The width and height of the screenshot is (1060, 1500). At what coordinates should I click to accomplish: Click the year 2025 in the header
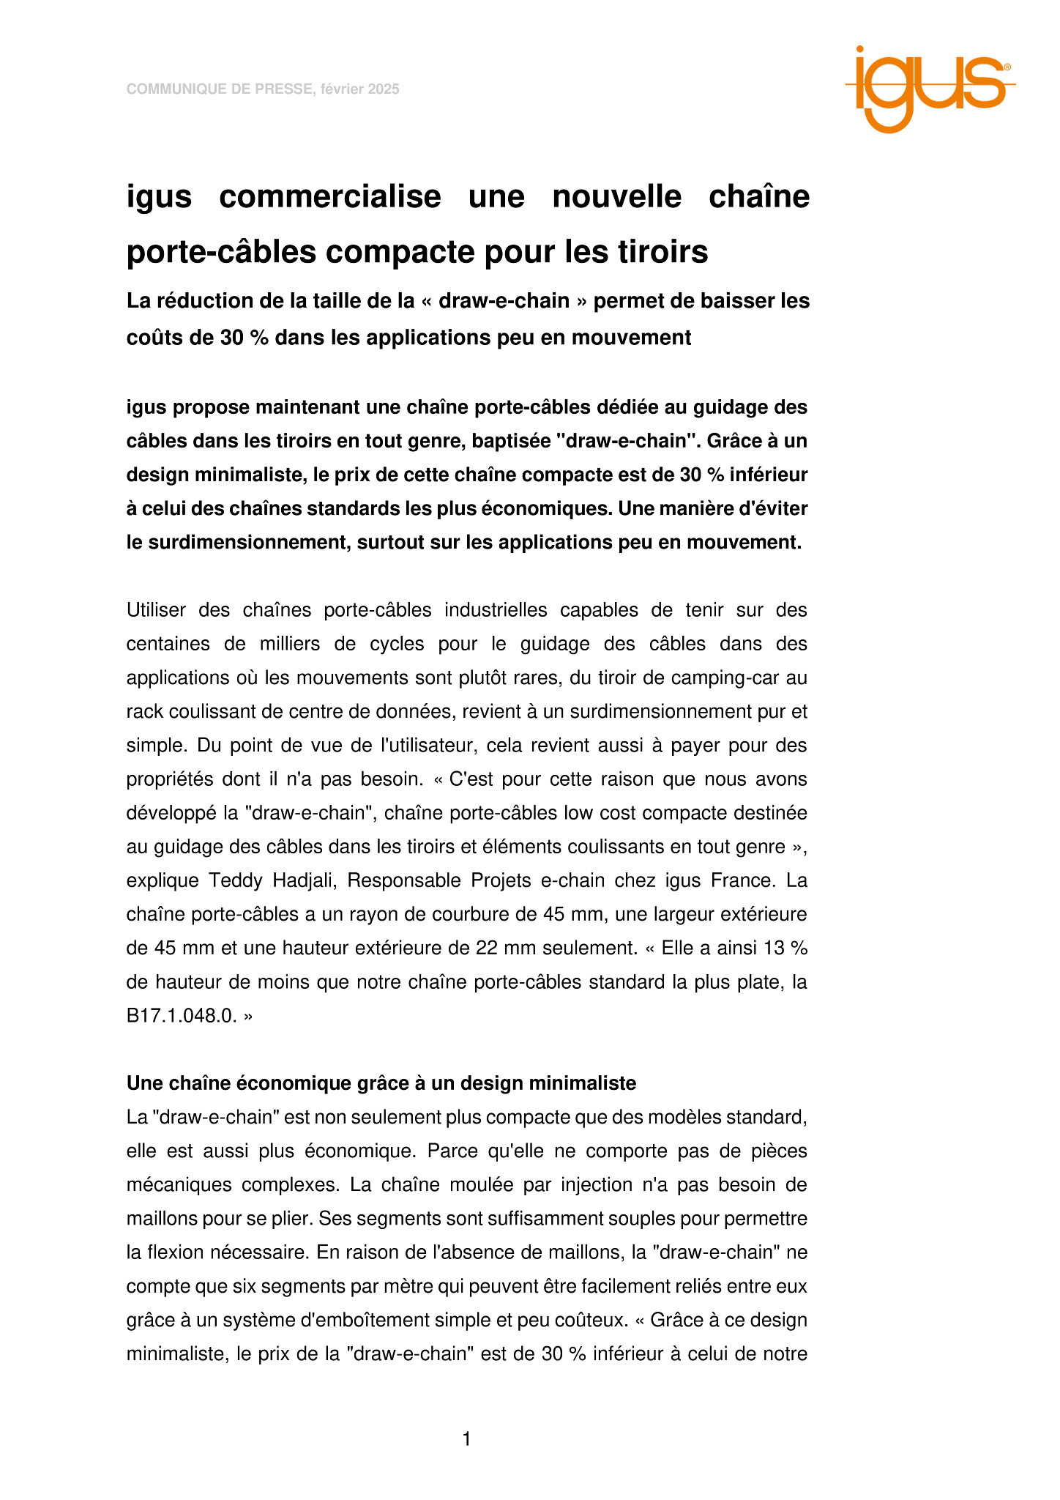[x=384, y=89]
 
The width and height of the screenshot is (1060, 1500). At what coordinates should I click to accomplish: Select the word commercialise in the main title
[x=329, y=196]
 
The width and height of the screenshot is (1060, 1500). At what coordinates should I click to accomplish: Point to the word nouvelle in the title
[x=616, y=196]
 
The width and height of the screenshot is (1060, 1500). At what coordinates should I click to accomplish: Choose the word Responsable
[x=403, y=880]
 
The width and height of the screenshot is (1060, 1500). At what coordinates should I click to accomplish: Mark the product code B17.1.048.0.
[x=182, y=1016]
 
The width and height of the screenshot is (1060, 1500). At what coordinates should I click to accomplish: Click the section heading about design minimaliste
[x=381, y=1083]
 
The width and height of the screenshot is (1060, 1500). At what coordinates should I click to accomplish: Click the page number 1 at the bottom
[x=467, y=1440]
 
